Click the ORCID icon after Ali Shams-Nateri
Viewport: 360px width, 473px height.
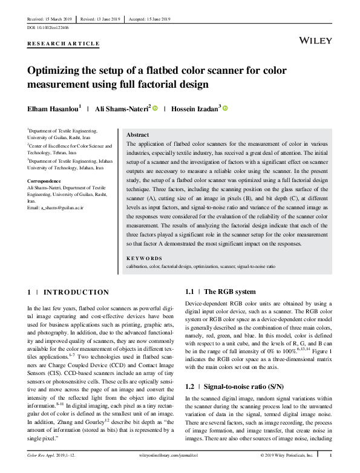click(x=155, y=109)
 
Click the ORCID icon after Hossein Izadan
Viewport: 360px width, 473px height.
click(x=225, y=109)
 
